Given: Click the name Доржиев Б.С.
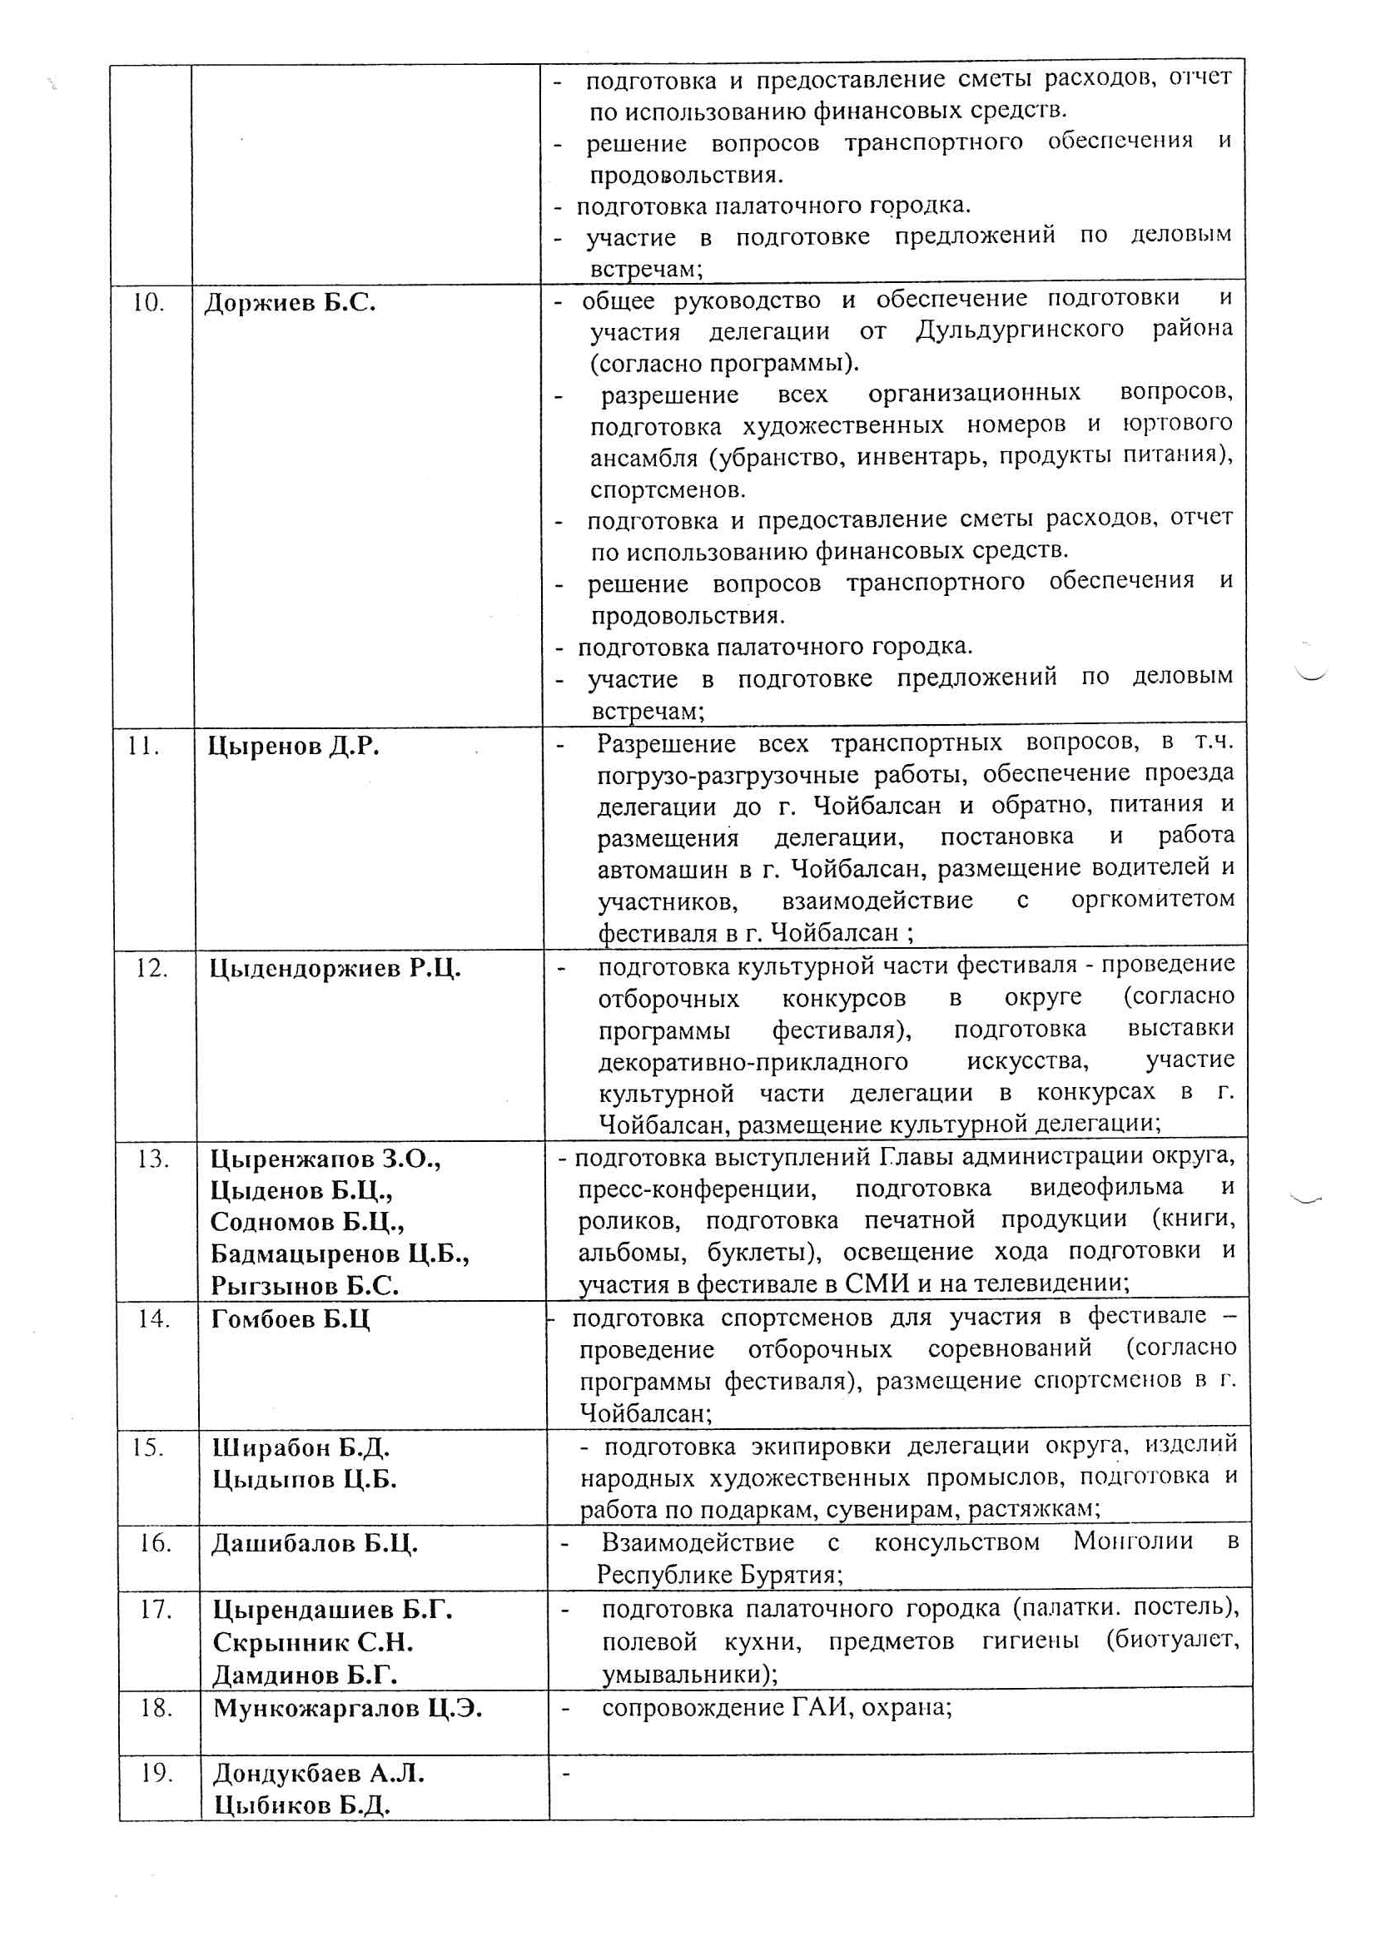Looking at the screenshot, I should [290, 303].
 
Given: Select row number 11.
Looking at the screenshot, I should [143, 746].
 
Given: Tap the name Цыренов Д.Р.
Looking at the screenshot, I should [293, 746].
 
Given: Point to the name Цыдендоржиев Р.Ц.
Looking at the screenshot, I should [335, 968].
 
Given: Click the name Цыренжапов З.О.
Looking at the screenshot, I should [325, 1159].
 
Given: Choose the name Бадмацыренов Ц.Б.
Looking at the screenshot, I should [340, 1253].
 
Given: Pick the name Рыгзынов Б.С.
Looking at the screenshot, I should [305, 1286].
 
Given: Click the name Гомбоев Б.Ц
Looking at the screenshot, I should [291, 1318].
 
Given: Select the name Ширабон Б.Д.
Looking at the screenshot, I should [301, 1447].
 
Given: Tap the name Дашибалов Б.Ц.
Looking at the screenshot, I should [315, 1542].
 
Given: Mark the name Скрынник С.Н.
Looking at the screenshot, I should [313, 1642].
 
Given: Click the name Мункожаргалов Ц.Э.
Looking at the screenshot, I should [348, 1708].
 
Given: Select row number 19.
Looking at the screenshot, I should [156, 1773].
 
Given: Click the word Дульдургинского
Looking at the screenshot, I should [1020, 330].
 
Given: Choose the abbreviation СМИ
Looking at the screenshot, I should [877, 1283].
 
